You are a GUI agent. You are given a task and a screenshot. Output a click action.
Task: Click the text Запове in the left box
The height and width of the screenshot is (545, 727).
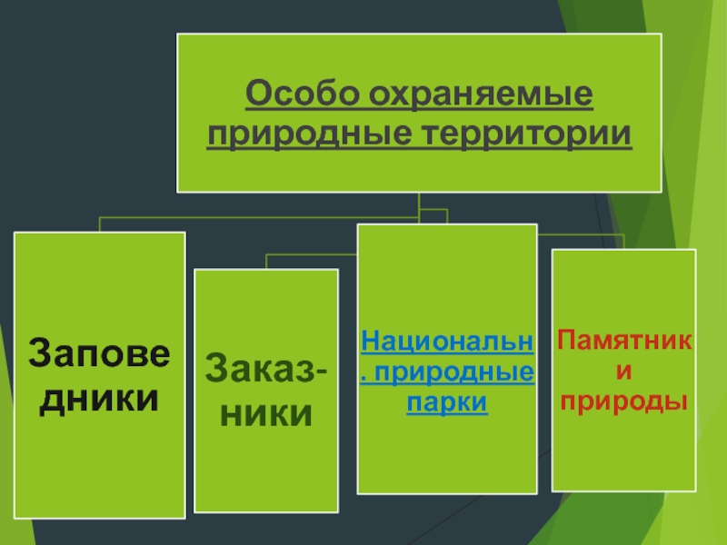tap(99, 353)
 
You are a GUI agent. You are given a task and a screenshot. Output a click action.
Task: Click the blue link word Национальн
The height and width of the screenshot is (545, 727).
tap(446, 342)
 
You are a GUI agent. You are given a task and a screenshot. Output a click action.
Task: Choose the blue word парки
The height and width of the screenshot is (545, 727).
tap(446, 401)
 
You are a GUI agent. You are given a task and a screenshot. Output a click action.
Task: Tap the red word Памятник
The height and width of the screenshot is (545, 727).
tap(624, 342)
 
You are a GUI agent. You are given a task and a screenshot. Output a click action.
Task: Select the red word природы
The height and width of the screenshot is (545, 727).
tap(624, 400)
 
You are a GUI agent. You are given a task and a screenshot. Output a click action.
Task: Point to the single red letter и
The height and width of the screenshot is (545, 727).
tap(624, 371)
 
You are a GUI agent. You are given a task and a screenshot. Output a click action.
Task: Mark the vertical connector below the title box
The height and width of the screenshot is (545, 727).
tap(418, 204)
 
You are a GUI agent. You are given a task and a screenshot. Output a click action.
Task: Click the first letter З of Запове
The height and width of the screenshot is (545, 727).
tap(41, 353)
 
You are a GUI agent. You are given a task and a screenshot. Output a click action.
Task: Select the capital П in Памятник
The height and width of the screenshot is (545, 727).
tap(567, 342)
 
